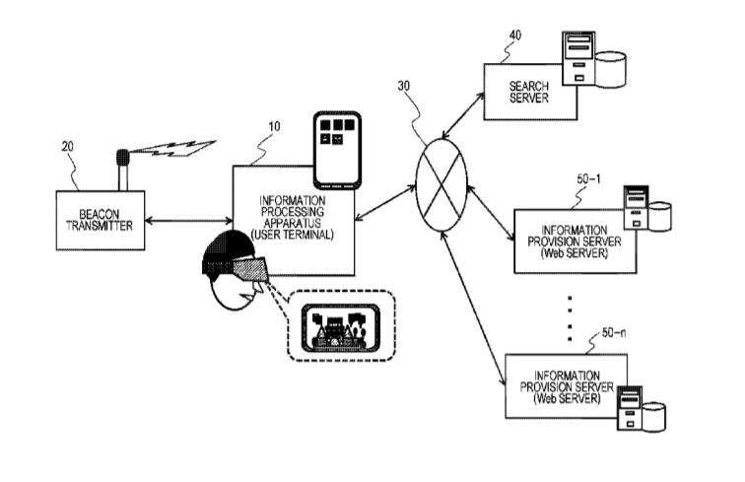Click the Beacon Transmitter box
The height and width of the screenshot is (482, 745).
click(x=99, y=218)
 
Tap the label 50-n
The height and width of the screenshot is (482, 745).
click(x=613, y=336)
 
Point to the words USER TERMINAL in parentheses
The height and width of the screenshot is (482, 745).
click(x=294, y=238)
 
